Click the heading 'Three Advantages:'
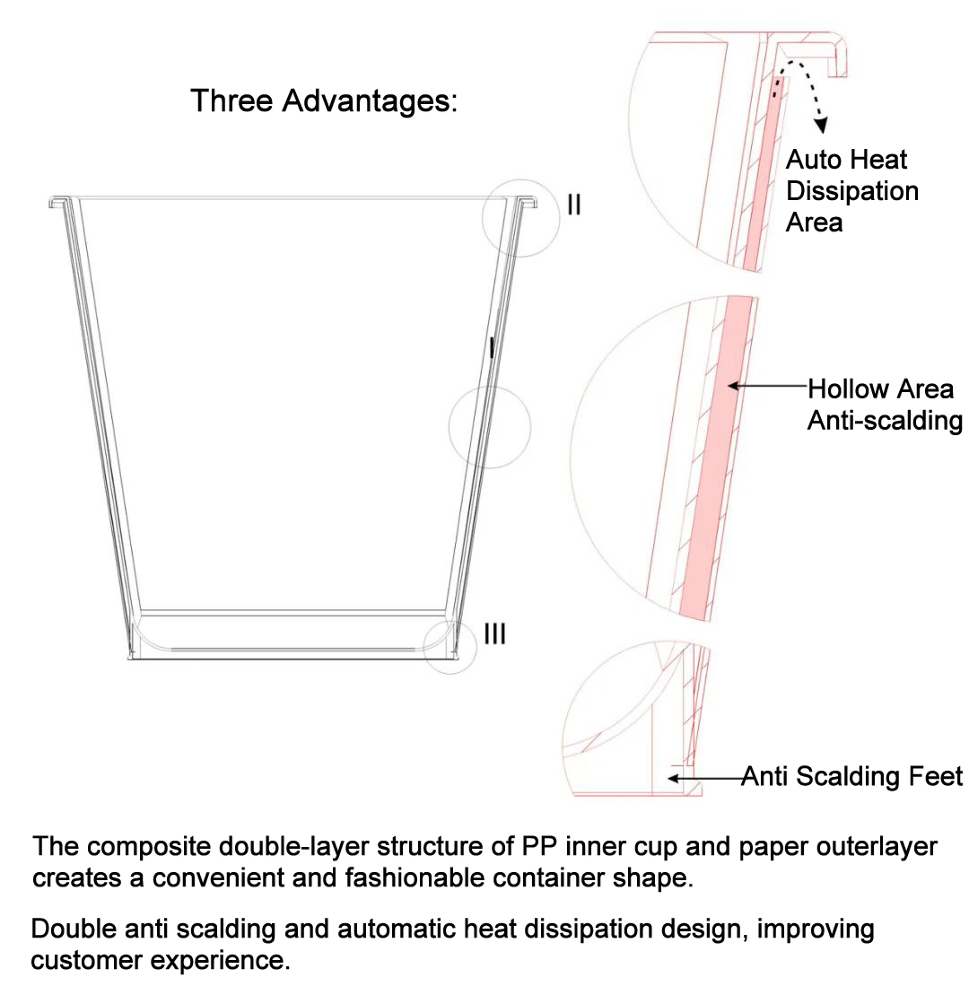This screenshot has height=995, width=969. point(324,101)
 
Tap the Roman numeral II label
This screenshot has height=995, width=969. point(573,205)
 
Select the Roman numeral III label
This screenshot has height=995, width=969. point(495,633)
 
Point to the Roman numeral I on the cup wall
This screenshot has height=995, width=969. point(492,347)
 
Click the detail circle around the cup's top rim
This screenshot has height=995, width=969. point(483,218)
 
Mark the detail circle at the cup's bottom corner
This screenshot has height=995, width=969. point(423,647)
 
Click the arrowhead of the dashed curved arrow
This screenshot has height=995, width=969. point(821,125)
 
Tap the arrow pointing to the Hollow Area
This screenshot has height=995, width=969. point(766,385)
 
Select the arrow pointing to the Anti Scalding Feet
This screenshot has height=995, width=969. point(705,777)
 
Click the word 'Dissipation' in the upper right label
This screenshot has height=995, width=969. point(852,191)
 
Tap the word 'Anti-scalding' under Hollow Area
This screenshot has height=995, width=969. point(886,421)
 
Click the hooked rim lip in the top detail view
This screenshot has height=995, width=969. point(839,55)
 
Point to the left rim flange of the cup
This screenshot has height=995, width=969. point(60,202)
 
